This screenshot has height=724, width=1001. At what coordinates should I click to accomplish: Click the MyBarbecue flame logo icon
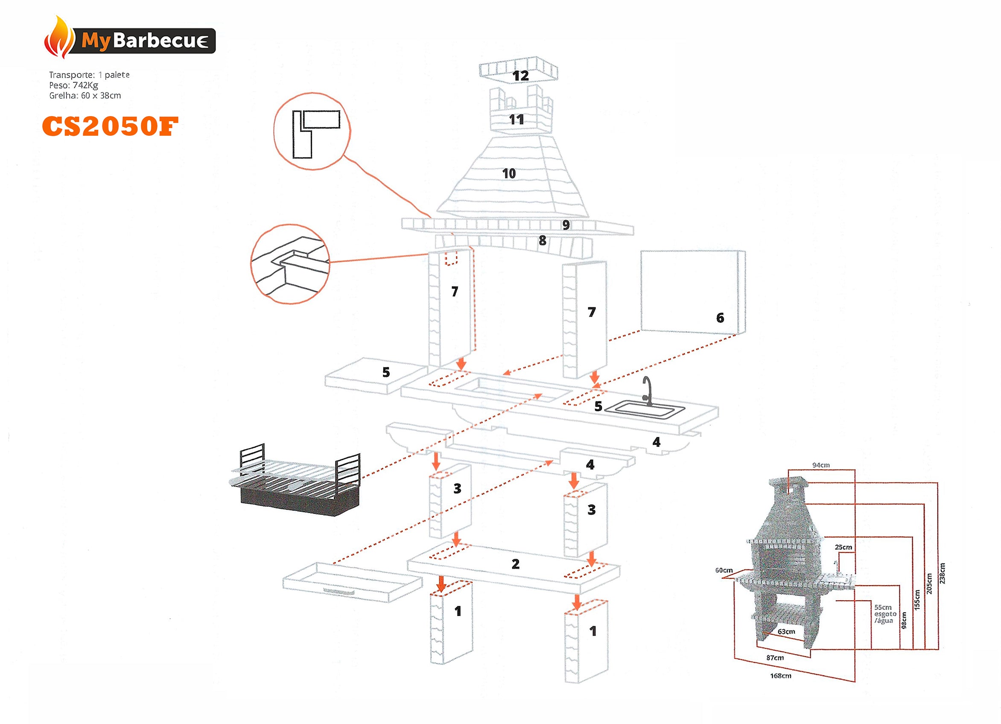(x=59, y=38)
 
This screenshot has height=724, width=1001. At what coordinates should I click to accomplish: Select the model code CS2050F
(x=110, y=126)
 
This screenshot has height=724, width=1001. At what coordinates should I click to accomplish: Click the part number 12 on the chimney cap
(x=520, y=76)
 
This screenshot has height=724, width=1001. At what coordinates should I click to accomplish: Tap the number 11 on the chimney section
(x=517, y=120)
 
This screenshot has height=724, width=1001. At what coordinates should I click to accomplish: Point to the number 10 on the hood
(x=509, y=173)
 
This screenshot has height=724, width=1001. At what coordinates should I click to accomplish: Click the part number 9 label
(x=566, y=225)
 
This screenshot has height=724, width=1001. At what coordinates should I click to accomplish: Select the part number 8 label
(x=543, y=241)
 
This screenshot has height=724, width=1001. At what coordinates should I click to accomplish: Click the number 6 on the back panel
(x=720, y=318)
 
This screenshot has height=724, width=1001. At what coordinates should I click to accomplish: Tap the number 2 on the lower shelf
(x=516, y=564)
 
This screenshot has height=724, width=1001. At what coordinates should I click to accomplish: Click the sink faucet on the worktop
(x=648, y=390)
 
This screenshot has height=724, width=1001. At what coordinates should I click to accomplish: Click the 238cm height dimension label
(x=942, y=573)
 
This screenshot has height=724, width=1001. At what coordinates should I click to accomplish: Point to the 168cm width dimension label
(x=780, y=676)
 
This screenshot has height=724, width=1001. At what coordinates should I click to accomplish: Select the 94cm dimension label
(x=821, y=465)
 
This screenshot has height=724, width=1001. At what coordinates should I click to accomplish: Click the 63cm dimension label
(x=786, y=631)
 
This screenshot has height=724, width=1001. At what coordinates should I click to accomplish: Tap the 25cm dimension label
(x=843, y=547)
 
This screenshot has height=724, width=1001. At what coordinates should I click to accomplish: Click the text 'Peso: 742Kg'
(x=73, y=85)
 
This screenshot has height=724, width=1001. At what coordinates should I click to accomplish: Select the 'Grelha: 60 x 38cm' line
(x=85, y=95)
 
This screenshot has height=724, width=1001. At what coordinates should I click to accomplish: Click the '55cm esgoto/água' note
(x=885, y=613)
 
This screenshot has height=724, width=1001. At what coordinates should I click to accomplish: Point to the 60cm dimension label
(x=724, y=570)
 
